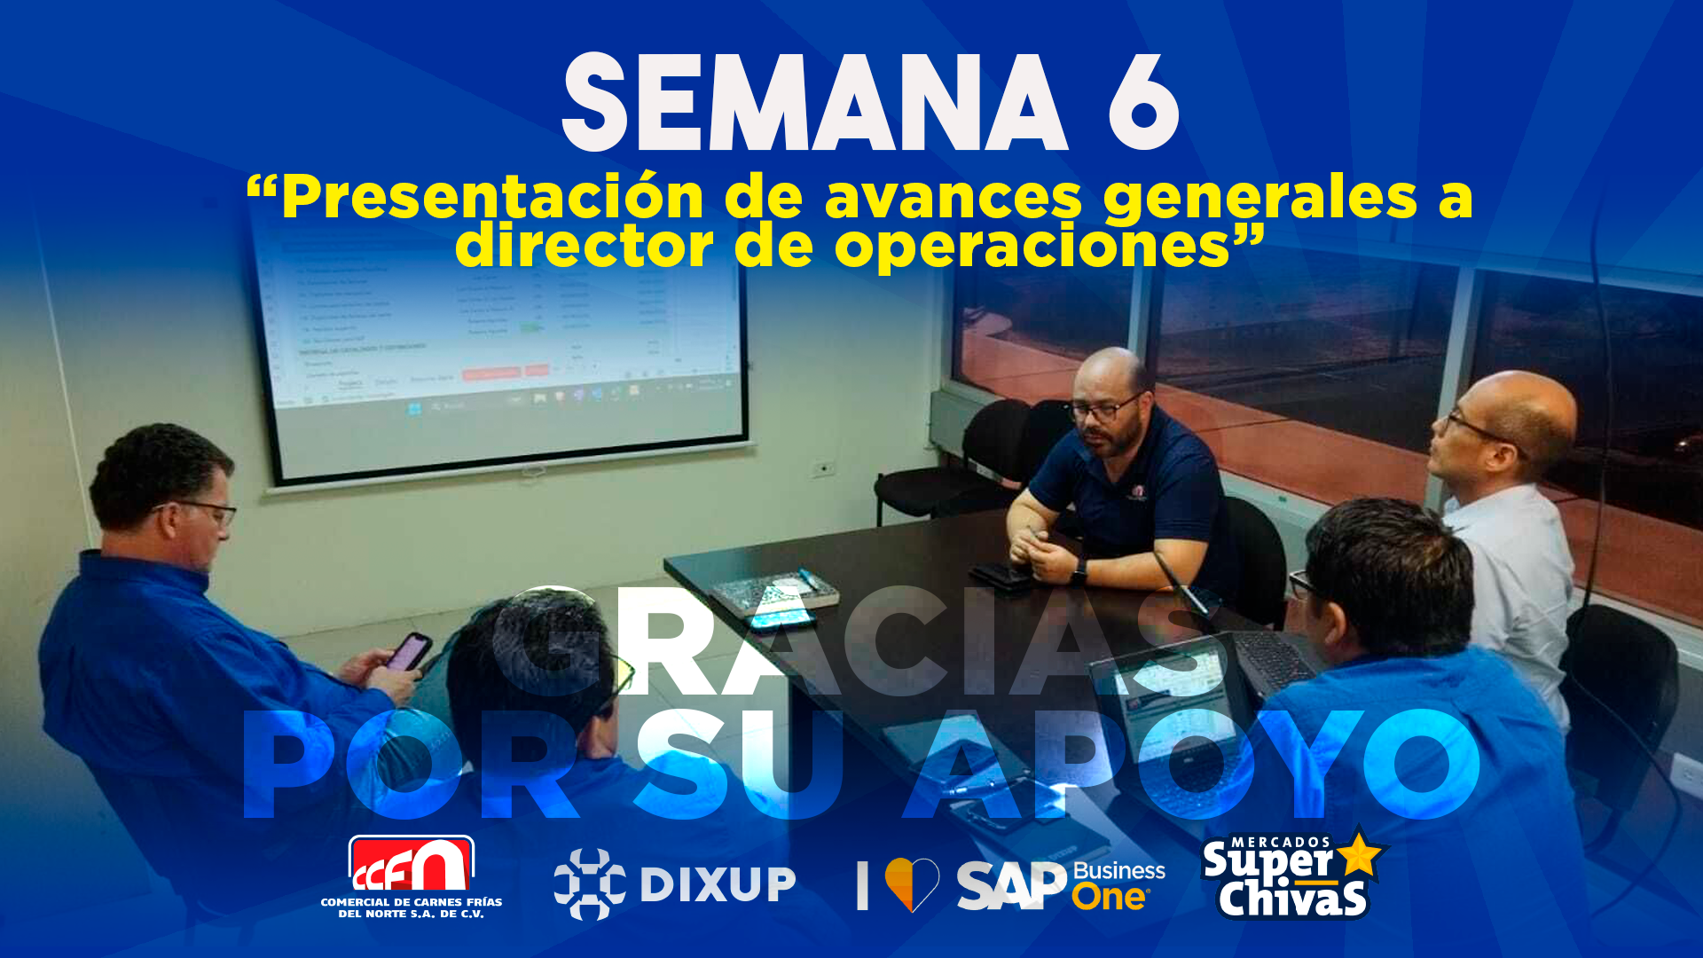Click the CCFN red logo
point(411,864)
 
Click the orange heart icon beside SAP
point(912,883)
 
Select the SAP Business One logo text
point(1061,885)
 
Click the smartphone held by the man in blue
point(408,652)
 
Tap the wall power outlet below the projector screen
point(824,468)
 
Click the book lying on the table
point(774,592)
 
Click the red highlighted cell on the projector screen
point(490,373)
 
